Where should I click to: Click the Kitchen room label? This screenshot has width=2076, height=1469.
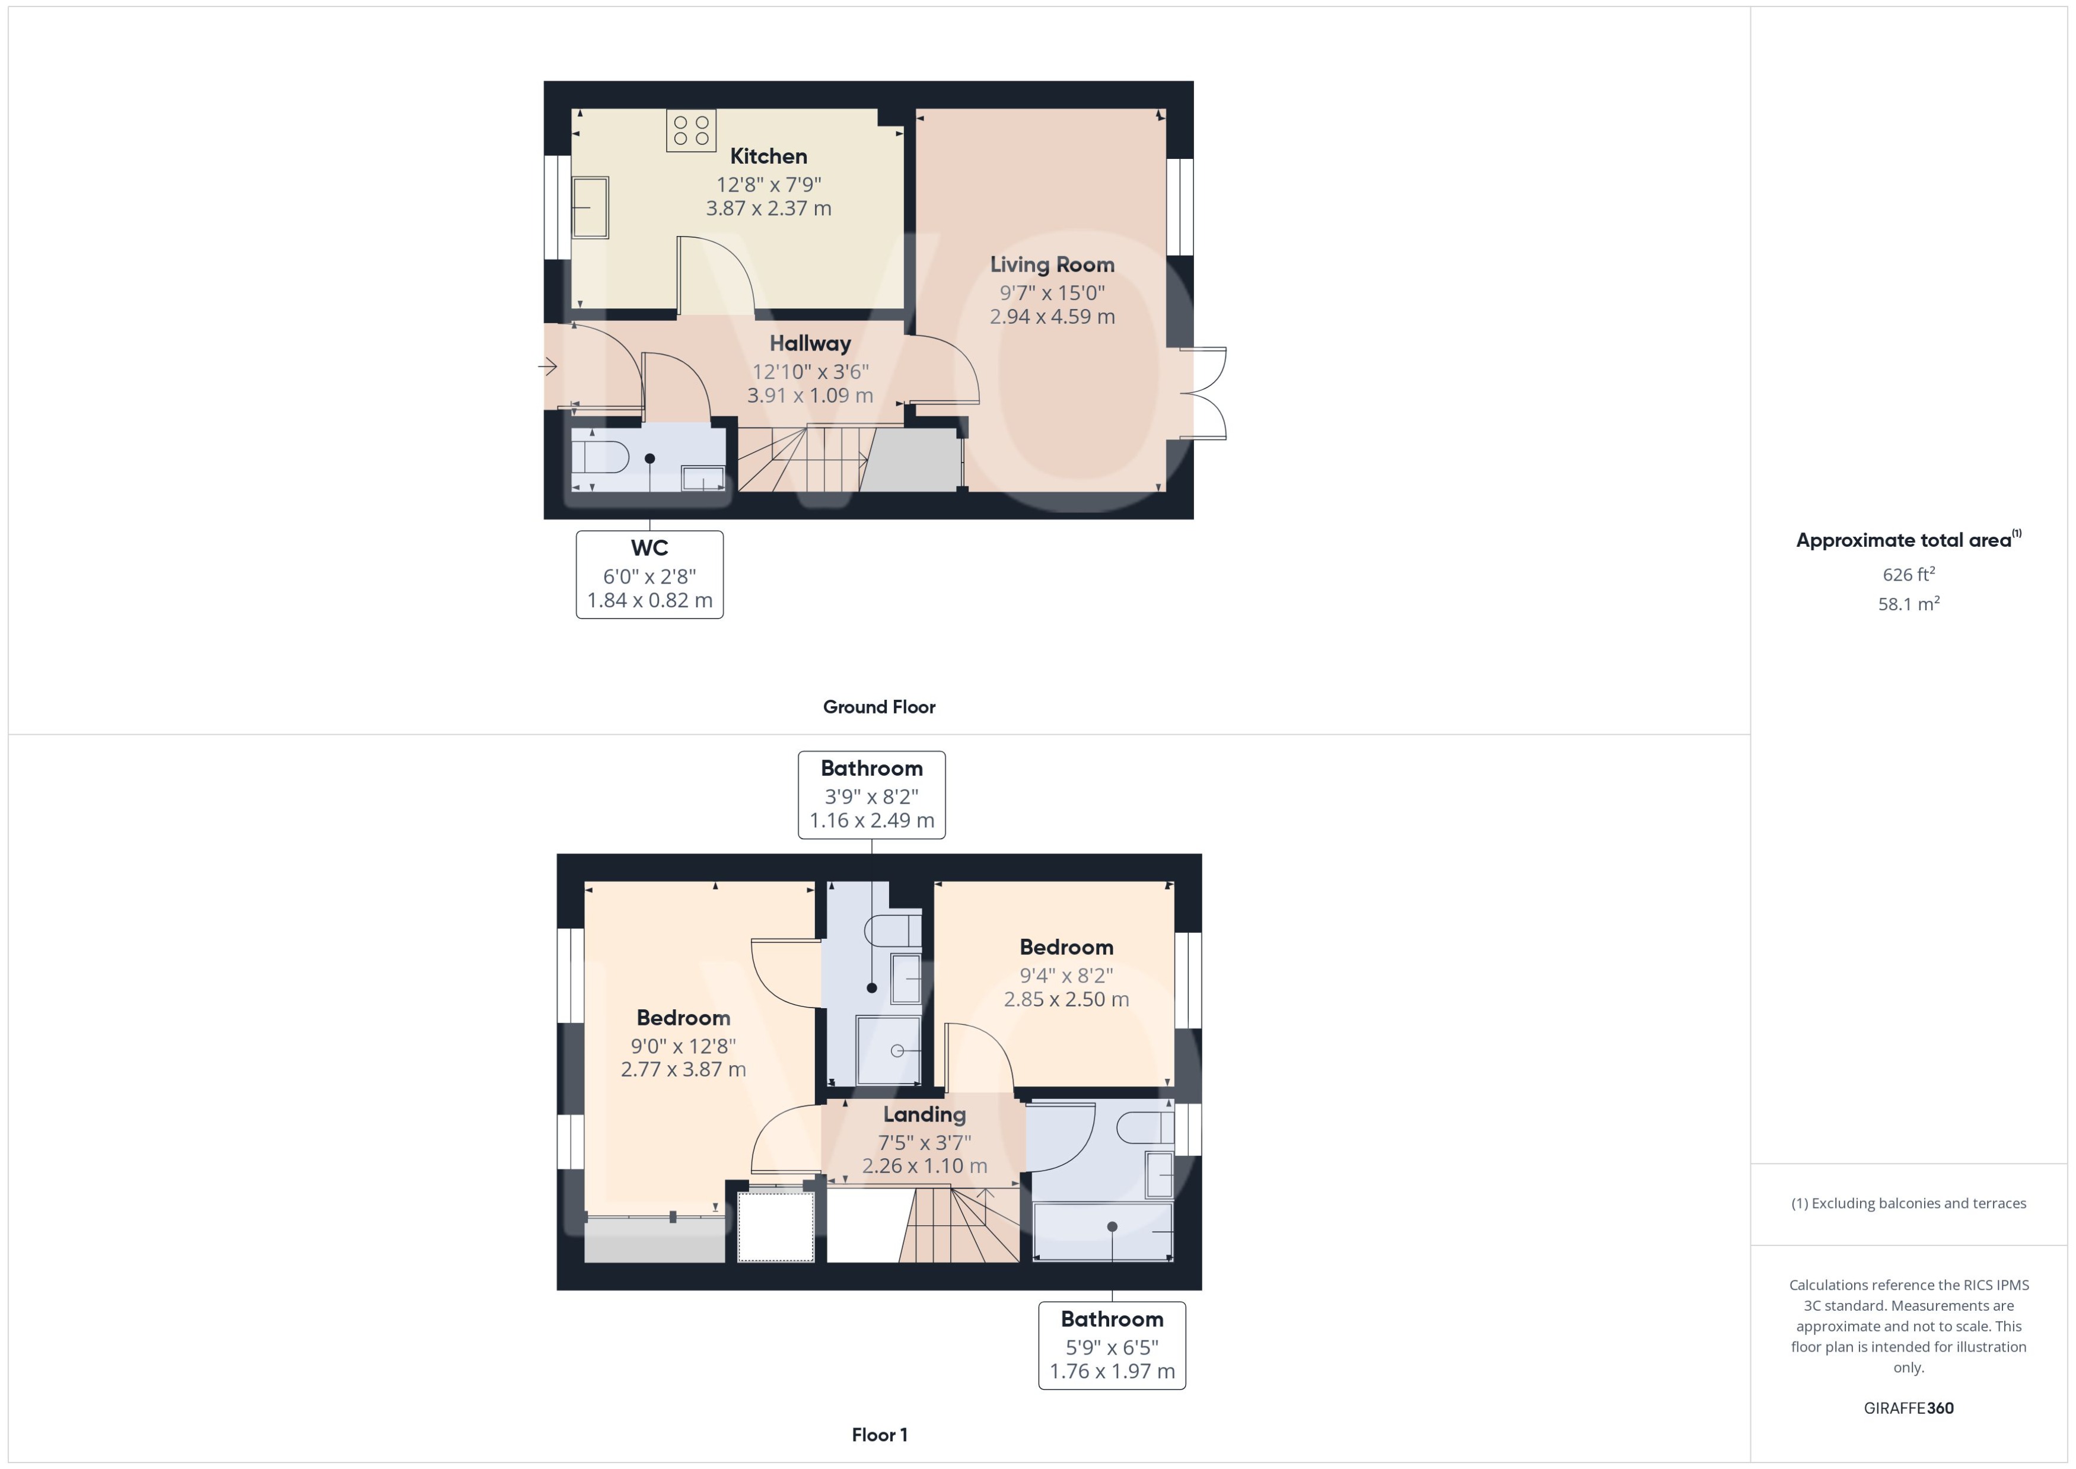point(768,155)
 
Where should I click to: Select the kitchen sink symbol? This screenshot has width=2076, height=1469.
point(590,207)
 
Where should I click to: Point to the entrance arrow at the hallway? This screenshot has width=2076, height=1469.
point(547,367)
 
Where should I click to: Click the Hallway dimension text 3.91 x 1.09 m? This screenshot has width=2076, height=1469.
point(810,396)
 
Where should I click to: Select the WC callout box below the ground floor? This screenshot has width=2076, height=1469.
point(649,575)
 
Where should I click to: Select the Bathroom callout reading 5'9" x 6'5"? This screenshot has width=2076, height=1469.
point(1112,1345)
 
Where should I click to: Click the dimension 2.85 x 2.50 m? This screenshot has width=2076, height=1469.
point(1066,999)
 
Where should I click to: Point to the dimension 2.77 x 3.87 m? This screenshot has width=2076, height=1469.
point(683,1069)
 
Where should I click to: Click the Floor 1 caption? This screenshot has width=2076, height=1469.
point(879,1435)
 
